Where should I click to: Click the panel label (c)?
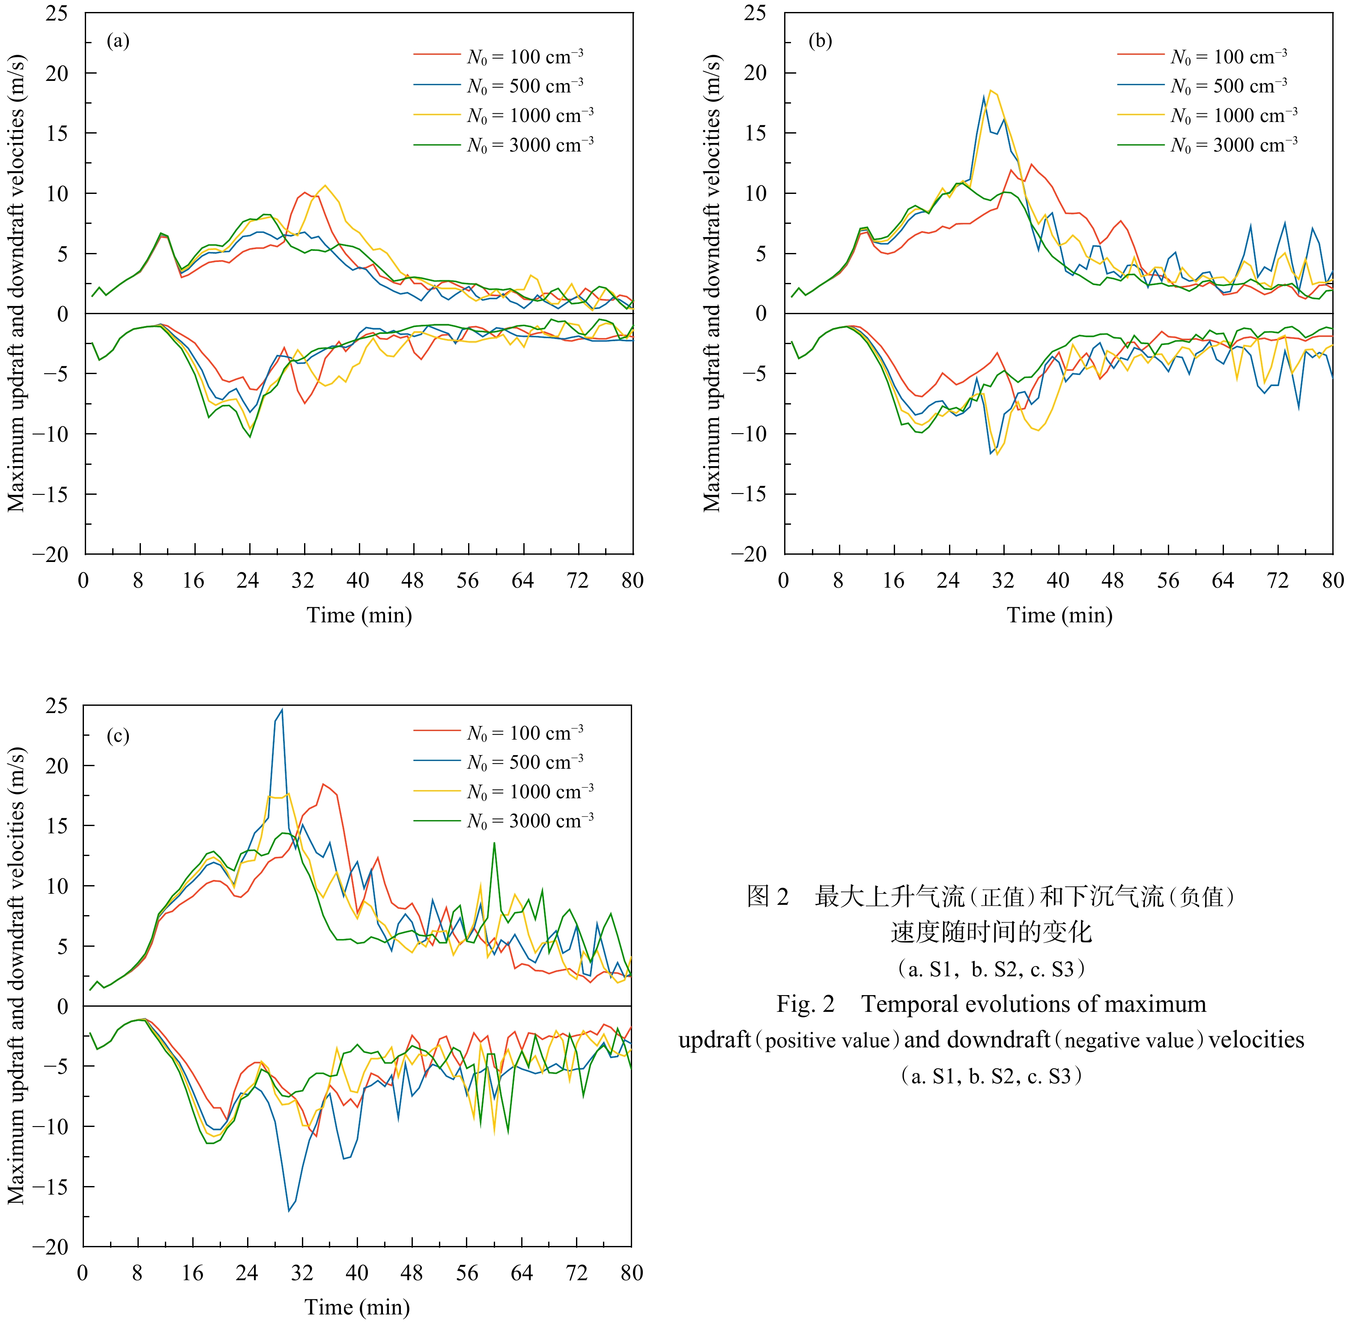[117, 735]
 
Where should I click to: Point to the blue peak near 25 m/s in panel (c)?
[282, 710]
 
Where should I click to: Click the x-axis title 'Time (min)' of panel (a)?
[359, 615]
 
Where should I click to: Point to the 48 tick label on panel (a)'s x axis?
[413, 580]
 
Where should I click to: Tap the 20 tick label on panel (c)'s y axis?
[57, 766]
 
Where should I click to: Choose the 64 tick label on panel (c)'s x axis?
[522, 1273]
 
